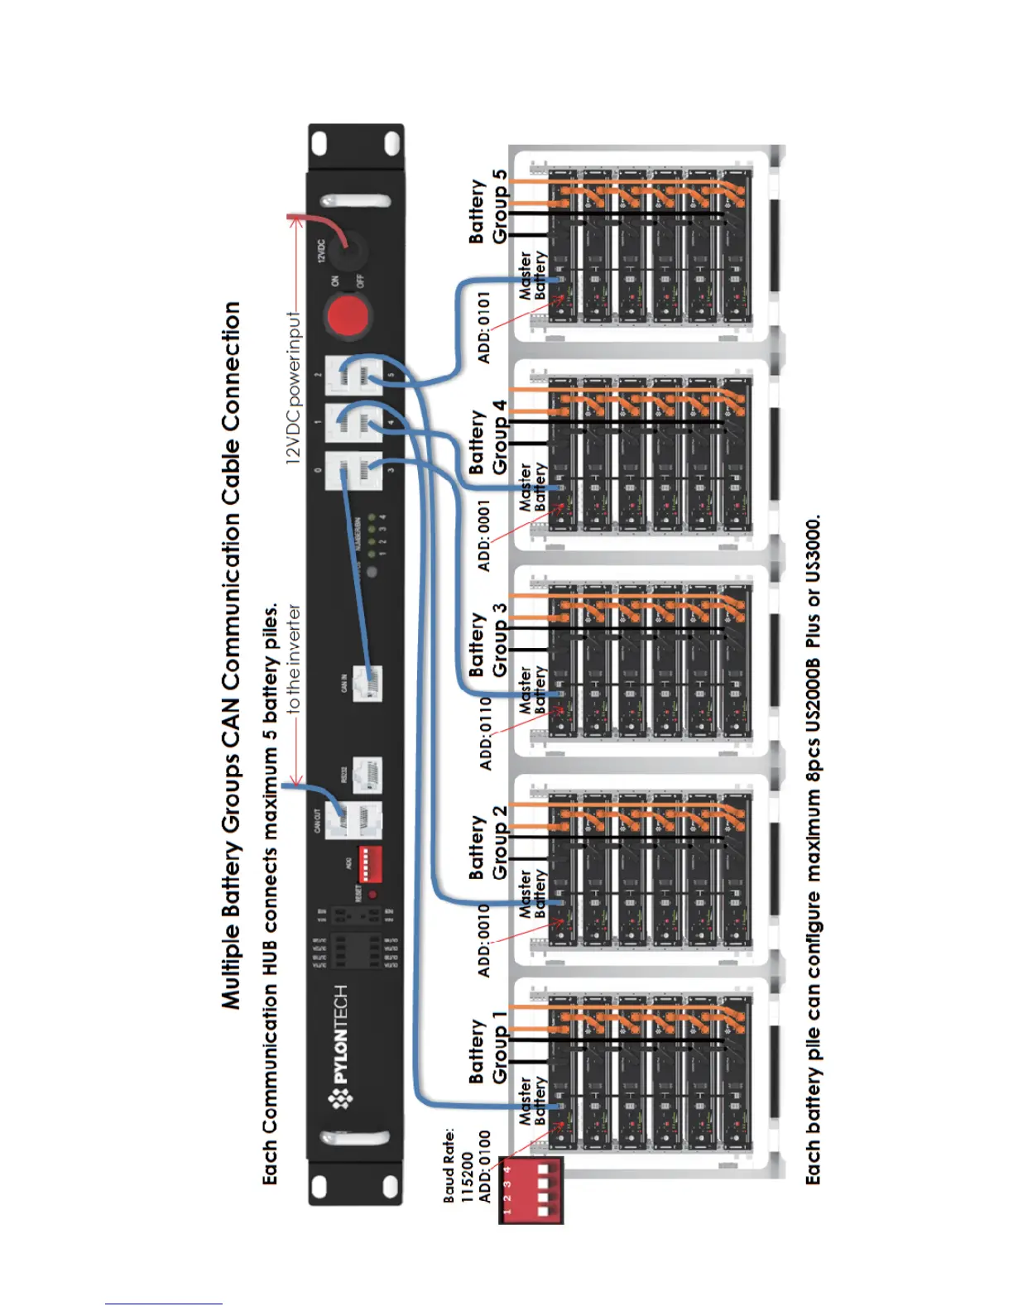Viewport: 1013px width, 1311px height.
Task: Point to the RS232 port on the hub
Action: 367,776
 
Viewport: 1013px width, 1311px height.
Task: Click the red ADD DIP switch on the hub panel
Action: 368,864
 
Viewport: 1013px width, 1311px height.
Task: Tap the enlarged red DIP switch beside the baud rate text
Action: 531,1190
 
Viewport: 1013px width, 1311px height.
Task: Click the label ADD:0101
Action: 484,326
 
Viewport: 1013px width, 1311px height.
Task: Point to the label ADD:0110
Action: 485,733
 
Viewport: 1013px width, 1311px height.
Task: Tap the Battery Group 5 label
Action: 487,207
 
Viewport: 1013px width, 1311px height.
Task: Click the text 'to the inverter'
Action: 294,659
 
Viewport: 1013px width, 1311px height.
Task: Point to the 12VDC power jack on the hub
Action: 356,246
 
